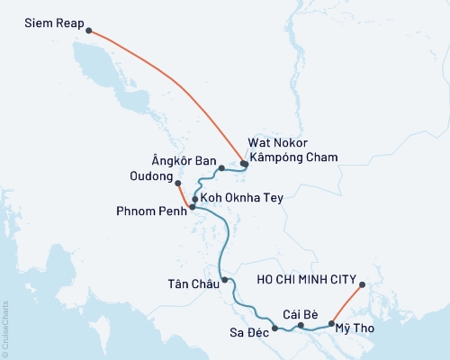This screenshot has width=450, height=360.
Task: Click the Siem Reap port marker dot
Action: click(88, 31)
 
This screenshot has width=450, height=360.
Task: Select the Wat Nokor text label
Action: click(280, 143)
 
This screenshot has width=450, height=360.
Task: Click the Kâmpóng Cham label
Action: click(293, 157)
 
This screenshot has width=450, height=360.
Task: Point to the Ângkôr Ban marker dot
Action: click(221, 167)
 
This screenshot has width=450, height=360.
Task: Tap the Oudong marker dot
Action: click(177, 184)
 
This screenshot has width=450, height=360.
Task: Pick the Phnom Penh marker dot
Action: click(192, 207)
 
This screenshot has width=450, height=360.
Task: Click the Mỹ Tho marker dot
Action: click(332, 323)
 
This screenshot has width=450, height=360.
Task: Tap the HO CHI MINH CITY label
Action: click(307, 279)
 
